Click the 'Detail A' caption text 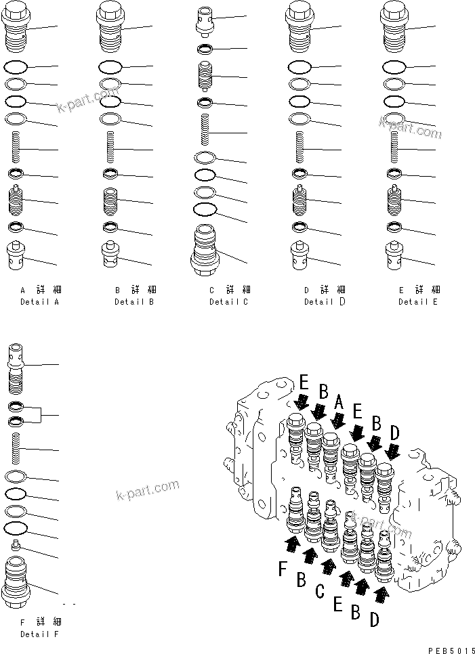(x=39, y=301)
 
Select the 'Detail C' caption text (x=228, y=301)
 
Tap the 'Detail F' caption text (x=39, y=634)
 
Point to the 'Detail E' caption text (x=417, y=301)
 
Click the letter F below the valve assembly (x=283, y=569)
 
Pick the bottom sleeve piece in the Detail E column (x=395, y=254)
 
